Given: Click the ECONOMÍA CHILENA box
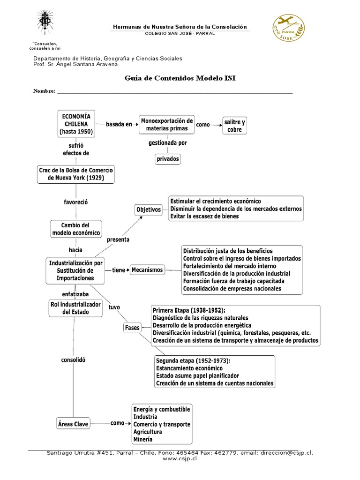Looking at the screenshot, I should [x=76, y=124].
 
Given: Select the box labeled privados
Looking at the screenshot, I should [x=167, y=159].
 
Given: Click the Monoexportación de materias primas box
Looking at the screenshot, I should [x=166, y=125].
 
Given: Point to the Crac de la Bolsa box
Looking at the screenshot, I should [x=76, y=174].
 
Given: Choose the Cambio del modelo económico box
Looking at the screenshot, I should [x=76, y=229].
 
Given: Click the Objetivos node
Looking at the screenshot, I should [x=148, y=210].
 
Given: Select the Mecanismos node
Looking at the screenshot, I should [x=147, y=270].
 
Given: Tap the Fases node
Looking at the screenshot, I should [x=132, y=328].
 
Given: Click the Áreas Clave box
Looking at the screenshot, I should [x=72, y=423].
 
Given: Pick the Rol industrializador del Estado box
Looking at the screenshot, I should [x=75, y=308].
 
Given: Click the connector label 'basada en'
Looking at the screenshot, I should [x=119, y=124].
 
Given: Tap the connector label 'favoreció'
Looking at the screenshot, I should [x=75, y=202].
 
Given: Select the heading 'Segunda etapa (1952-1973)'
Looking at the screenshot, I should [x=193, y=361].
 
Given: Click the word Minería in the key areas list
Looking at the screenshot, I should [x=142, y=439].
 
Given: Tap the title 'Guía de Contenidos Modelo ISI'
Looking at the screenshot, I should [x=180, y=78].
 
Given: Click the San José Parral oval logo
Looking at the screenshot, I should [x=288, y=30].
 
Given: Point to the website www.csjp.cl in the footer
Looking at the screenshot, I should [x=180, y=459].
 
